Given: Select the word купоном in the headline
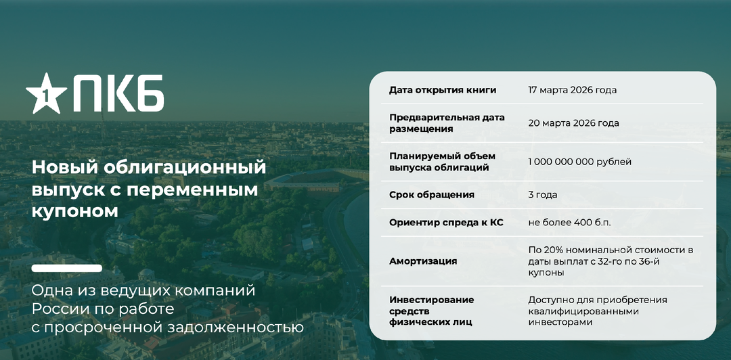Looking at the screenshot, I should click(x=75, y=211).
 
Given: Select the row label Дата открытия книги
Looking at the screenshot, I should click(x=443, y=90).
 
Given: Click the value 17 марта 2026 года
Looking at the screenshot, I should click(x=572, y=90).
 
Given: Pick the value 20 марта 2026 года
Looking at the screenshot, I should click(x=573, y=123).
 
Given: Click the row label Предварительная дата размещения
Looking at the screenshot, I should click(x=447, y=123).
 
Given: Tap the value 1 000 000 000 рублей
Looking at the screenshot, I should click(x=579, y=162).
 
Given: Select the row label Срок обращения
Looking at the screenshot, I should click(x=432, y=195).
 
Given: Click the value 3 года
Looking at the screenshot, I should click(x=543, y=195).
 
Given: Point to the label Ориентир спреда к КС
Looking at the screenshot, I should click(x=446, y=223).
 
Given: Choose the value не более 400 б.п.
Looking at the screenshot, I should click(x=569, y=223).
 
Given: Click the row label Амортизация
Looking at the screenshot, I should click(x=423, y=261).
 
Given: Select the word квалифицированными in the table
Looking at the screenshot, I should click(x=583, y=311).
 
